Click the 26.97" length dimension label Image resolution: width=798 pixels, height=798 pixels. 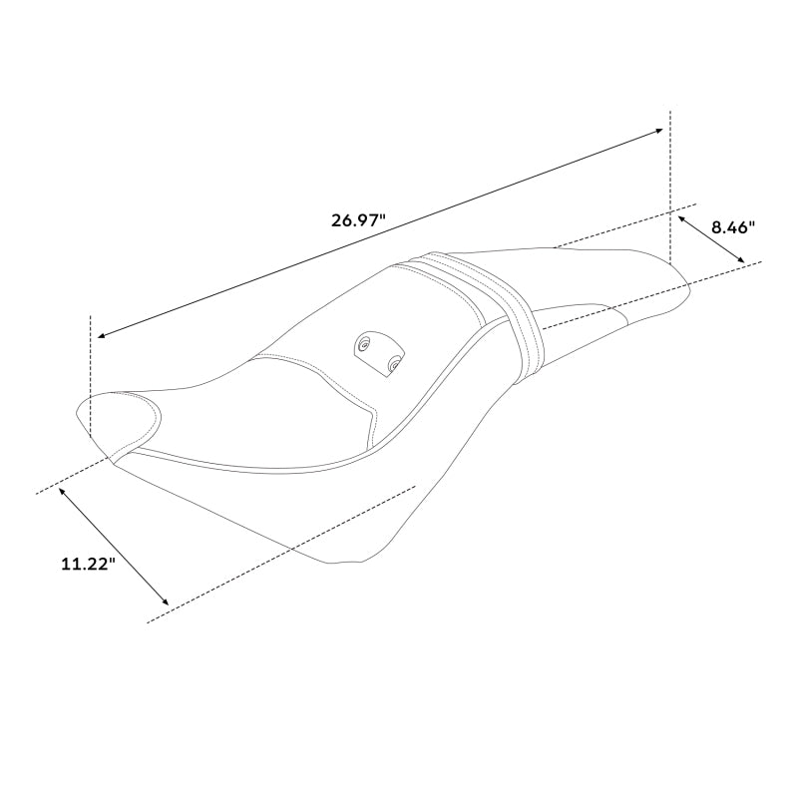click(358, 220)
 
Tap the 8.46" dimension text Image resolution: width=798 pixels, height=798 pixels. click(732, 227)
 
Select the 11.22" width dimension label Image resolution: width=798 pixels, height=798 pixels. click(88, 564)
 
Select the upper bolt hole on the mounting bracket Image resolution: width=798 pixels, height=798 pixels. click(366, 345)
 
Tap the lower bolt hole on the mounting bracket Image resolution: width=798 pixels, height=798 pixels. click(394, 366)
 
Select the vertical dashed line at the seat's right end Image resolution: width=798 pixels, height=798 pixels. click(670, 190)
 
